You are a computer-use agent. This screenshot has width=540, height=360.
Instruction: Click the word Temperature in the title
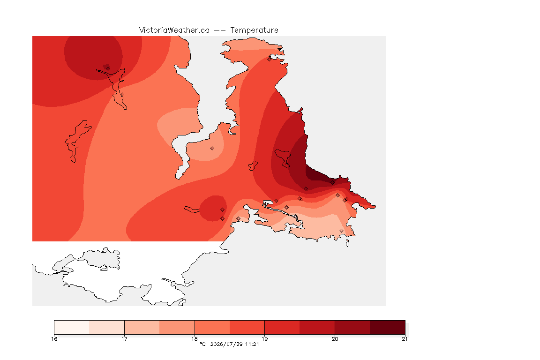point(254,30)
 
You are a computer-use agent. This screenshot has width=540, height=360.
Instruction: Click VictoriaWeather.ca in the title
point(174,30)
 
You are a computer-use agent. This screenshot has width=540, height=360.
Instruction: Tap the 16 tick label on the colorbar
point(54,339)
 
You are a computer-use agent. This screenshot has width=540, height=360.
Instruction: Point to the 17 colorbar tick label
point(124,339)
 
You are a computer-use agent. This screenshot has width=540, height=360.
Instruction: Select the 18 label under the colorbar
point(195,339)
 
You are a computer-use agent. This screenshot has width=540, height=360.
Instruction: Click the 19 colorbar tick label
point(264,339)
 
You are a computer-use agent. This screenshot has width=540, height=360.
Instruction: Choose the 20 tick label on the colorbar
point(335,339)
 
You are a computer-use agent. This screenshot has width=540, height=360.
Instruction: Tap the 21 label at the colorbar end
point(405,339)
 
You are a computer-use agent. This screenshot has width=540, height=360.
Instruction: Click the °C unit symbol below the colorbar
point(202,344)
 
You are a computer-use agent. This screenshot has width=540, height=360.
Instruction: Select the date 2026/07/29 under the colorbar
point(226,344)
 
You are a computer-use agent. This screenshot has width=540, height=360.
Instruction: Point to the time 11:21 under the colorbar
point(252,344)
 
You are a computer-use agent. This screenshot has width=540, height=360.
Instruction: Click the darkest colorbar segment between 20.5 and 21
point(388,327)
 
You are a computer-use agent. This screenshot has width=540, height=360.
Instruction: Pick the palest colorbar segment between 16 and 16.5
point(72,327)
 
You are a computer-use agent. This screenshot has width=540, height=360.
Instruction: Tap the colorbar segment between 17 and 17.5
point(142,327)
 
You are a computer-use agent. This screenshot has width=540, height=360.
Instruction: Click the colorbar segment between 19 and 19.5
point(282,327)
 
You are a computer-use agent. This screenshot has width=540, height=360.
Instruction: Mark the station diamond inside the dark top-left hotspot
point(108,68)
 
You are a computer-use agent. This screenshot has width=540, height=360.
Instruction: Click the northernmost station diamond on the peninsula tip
point(270,59)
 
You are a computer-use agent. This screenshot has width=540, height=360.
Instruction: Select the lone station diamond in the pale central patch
point(212,149)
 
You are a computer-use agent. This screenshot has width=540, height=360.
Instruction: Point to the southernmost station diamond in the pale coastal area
point(341,231)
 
